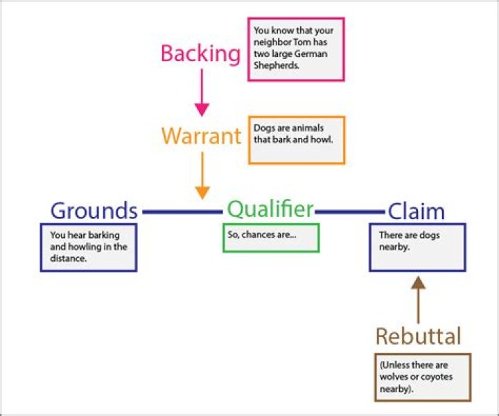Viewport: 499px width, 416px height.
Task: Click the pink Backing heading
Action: [201, 53]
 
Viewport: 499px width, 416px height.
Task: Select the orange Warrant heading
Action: [201, 135]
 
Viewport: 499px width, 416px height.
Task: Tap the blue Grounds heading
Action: [94, 210]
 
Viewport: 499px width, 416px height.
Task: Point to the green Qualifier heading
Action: [270, 208]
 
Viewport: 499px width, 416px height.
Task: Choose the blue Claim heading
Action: [416, 211]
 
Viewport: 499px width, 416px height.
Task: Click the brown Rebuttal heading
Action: [418, 336]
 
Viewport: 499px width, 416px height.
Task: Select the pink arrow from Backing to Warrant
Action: [202, 92]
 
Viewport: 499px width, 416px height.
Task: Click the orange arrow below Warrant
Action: [202, 175]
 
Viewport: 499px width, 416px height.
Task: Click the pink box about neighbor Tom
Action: [296, 49]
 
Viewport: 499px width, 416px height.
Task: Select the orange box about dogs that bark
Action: [296, 139]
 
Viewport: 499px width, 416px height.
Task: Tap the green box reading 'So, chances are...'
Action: [271, 238]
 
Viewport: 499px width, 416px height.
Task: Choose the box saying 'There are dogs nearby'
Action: [417, 247]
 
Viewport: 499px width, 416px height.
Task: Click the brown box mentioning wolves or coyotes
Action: [422, 376]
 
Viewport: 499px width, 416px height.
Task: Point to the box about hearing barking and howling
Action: [89, 247]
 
